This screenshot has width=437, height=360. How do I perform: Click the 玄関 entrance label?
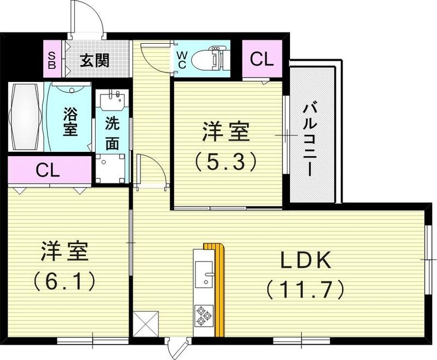coord(95,60)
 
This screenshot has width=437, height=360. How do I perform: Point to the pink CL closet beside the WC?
coord(262,60)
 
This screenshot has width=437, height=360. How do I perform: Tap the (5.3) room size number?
coord(226,162)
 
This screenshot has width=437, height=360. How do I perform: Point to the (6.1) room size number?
coord(64,280)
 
